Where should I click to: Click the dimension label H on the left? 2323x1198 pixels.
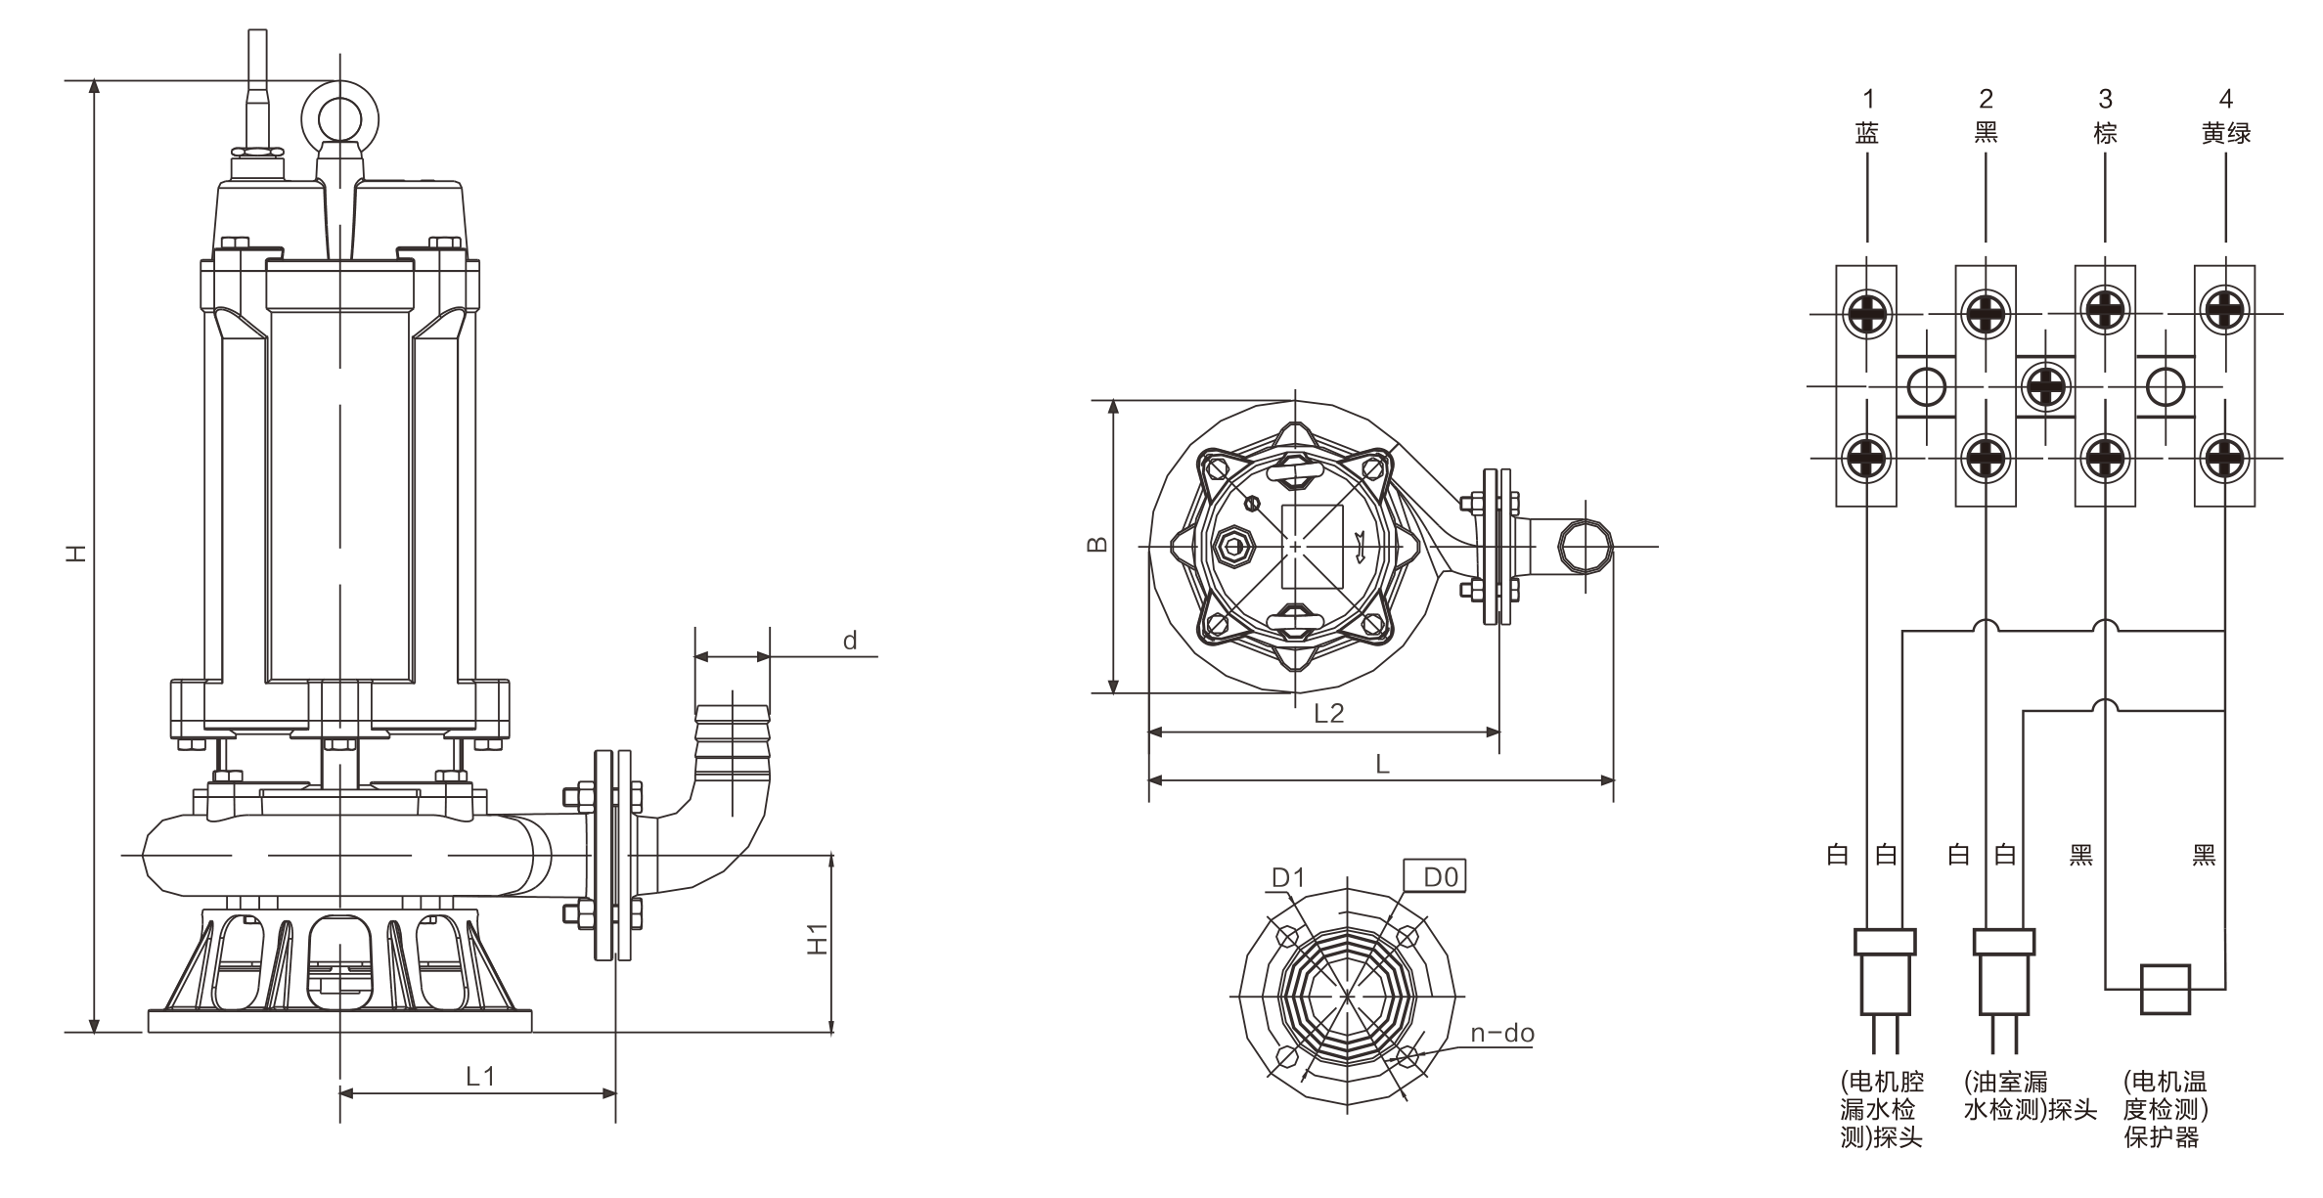[x=77, y=553]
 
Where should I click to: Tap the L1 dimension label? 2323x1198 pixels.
[x=479, y=1077]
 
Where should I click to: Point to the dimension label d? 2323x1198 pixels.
[x=850, y=641]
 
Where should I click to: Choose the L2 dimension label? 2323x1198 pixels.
[x=1328, y=713]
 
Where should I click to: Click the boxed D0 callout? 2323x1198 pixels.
[x=1440, y=877]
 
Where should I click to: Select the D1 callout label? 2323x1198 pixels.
[x=1288, y=878]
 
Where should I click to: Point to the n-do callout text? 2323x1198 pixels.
[x=1502, y=1034]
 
